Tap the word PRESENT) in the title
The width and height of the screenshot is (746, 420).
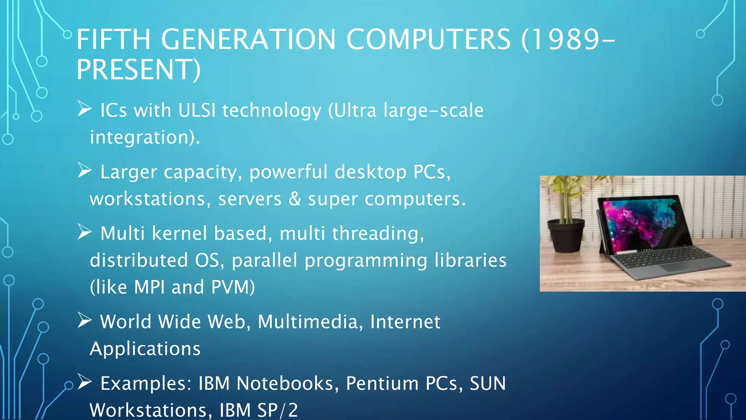(138, 70)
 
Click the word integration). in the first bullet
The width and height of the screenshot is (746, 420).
(145, 137)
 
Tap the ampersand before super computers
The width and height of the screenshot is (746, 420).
(295, 199)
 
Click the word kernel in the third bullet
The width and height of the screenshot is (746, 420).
(179, 233)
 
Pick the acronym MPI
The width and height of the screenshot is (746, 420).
(149, 287)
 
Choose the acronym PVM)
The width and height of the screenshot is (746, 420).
(233, 287)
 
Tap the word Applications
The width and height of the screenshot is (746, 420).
(145, 349)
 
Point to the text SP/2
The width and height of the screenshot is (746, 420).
(278, 410)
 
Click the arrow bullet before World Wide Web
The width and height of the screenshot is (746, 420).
(85, 321)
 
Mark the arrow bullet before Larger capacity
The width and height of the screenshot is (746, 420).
(85, 171)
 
